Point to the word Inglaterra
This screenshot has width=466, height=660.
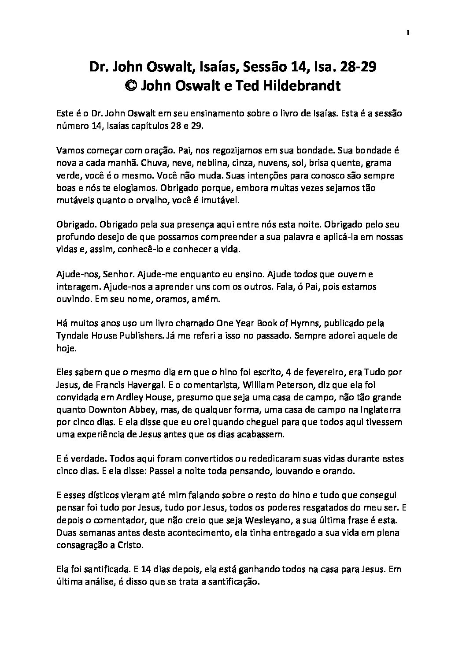(x=377, y=410)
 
